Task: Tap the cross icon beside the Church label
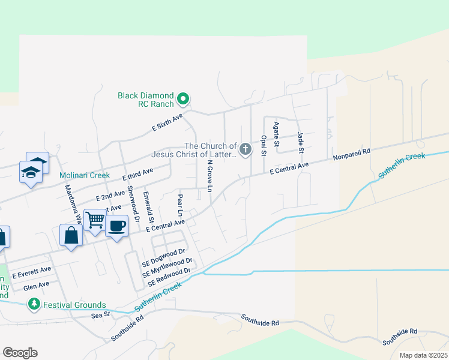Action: point(245,149)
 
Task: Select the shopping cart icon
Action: point(95,220)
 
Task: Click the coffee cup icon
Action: point(116,226)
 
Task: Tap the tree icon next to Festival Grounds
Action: point(35,305)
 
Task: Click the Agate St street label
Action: point(277,134)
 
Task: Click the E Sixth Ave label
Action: point(166,124)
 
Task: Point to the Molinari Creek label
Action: point(85,175)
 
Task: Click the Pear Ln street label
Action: point(179,205)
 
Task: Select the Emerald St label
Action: point(147,205)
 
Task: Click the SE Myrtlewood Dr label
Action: point(167,267)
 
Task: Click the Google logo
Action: point(20,353)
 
